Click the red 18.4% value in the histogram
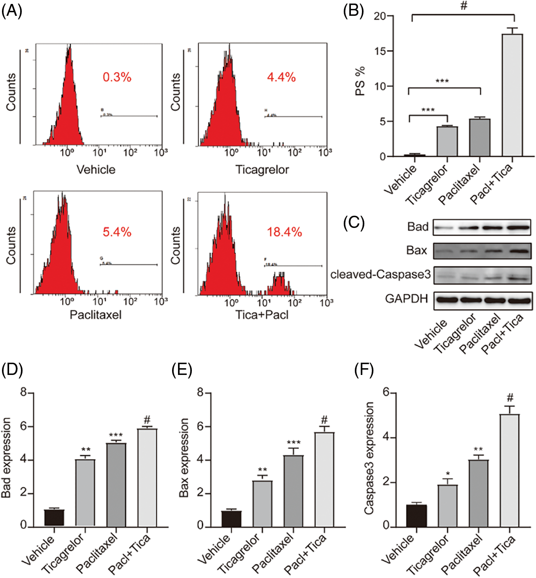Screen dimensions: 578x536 [x=284, y=232]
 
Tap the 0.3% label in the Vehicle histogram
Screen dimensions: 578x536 [x=117, y=77]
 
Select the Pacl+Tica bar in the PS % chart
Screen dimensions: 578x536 [x=512, y=95]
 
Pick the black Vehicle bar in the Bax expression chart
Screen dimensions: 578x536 [x=231, y=518]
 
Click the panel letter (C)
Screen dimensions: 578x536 [x=354, y=223]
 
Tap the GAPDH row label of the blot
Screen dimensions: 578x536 [x=407, y=299]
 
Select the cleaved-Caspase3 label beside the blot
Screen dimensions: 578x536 [x=380, y=274]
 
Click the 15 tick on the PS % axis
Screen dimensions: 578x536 [x=380, y=51]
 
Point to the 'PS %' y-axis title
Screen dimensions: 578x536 [x=360, y=81]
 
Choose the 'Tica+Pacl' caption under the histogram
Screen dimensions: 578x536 [x=262, y=315]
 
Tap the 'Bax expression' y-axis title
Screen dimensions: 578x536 [x=184, y=458]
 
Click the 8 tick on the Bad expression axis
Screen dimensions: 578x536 [x=24, y=393]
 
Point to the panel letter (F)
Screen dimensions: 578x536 [x=364, y=370]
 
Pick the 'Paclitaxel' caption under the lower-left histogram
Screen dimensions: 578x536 [x=95, y=315]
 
